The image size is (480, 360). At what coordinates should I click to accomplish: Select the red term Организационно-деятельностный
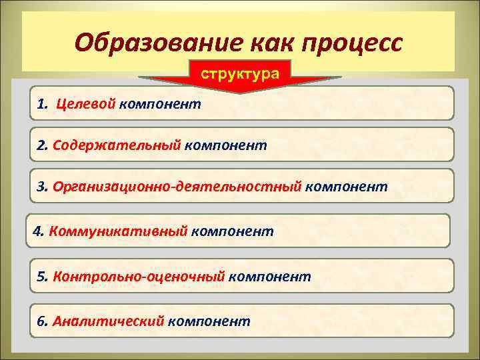177,187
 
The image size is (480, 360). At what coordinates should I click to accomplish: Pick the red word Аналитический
109,321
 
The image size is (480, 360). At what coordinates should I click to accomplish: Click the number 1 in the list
41,105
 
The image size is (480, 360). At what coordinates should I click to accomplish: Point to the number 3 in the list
41,187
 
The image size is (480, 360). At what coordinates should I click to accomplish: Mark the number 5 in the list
41,276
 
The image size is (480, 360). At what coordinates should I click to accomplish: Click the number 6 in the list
41,321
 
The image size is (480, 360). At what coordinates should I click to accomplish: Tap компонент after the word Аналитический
209,321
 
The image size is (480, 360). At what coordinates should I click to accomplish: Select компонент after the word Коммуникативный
232,231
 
